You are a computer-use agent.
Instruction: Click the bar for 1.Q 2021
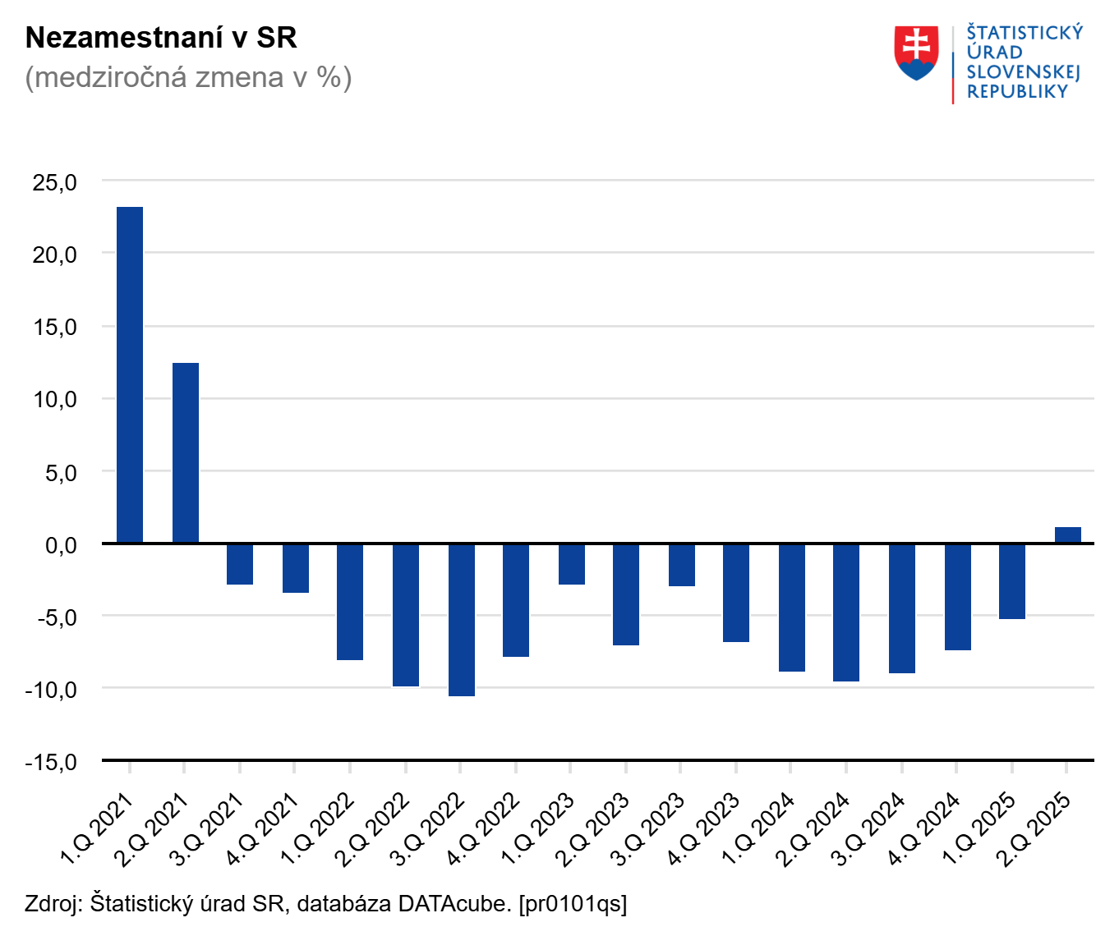130,374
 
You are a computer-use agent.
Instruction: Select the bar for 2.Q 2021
186,452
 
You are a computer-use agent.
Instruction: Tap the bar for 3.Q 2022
462,620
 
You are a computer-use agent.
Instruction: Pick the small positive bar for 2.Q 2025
1068,535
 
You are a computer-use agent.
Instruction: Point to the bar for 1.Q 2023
572,564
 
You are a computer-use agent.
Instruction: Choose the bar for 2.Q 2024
846,613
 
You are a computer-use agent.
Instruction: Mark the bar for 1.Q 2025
1012,581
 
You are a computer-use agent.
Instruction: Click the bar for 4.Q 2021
296,568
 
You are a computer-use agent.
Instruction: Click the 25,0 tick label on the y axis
54,182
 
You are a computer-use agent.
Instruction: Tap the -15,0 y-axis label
51,762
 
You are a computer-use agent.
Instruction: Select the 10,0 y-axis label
54,400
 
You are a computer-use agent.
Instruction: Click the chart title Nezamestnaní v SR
161,38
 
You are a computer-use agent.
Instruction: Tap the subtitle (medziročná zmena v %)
188,77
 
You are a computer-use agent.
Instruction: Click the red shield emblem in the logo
916,53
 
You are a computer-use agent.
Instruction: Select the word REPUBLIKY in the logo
1017,92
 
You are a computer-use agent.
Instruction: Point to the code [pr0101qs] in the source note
573,904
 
